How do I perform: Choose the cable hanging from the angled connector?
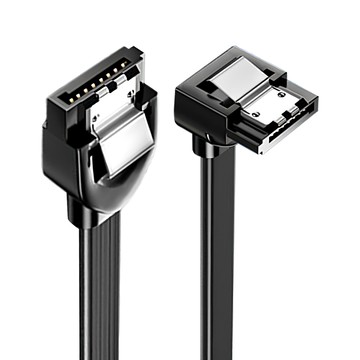point(217,270)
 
